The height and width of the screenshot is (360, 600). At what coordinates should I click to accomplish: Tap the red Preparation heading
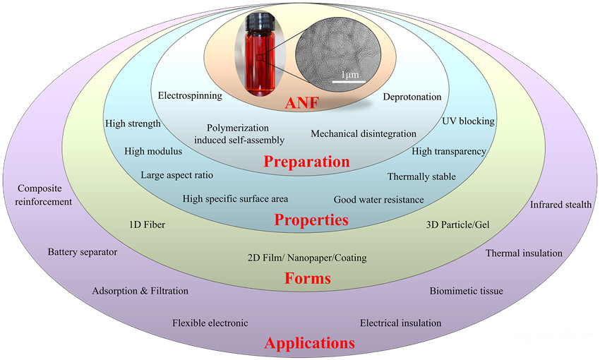pos(307,162)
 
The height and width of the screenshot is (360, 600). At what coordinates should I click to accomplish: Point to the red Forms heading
pos(307,278)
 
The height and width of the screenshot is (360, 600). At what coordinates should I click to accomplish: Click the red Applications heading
pos(309,344)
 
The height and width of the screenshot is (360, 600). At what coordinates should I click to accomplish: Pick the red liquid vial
pos(256,61)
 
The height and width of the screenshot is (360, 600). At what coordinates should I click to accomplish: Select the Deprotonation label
pos(412,97)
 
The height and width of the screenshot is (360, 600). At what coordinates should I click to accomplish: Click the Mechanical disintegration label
pos(364,133)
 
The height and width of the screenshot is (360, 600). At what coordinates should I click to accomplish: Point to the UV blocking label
pos(468,121)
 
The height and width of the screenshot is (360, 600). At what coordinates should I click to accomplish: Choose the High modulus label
pos(153,151)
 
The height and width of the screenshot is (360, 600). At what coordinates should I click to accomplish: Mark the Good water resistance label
pos(378,200)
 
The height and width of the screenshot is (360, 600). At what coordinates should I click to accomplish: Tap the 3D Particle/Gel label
pos(457,225)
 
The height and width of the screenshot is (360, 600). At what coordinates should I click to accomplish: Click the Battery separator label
pos(83,251)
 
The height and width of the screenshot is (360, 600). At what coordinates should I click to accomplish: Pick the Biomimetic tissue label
pos(467,290)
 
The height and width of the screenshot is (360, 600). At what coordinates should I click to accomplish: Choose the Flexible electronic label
pos(210,323)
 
